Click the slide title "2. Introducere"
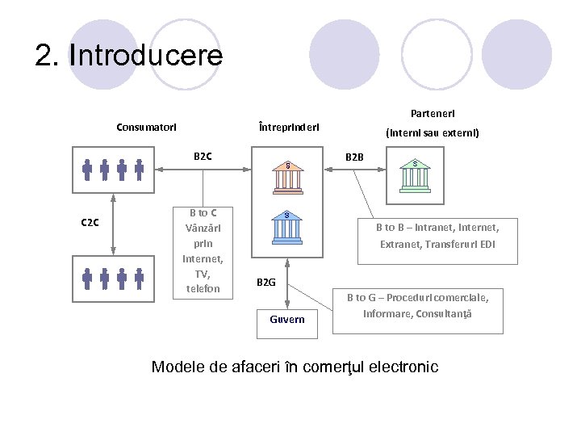point(128,56)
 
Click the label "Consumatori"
point(147,127)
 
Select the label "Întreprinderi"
point(289,127)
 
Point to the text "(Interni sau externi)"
point(433,132)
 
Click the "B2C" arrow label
point(203,156)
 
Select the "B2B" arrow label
point(355,156)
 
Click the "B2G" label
point(266,283)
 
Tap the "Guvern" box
point(287,319)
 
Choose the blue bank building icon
point(288,227)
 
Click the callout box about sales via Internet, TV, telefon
point(203,250)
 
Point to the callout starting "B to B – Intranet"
point(437,236)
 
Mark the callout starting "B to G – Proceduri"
point(417,305)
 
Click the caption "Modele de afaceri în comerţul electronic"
point(295,367)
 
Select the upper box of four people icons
point(113,170)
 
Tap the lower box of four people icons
point(113,279)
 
